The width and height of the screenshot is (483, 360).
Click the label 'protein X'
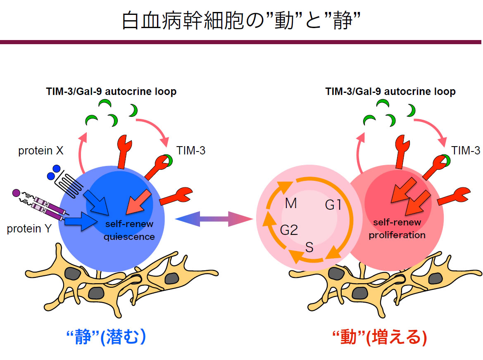click(40, 151)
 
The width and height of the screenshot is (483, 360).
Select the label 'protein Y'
click(29, 228)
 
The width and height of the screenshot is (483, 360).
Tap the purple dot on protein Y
click(16, 192)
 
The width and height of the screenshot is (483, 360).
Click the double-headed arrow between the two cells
click(214, 218)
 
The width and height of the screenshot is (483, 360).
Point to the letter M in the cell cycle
click(291, 204)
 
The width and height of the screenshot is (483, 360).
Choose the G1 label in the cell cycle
click(333, 205)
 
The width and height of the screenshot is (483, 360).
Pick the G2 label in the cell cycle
click(289, 230)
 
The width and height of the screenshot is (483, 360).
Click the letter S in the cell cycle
click(309, 247)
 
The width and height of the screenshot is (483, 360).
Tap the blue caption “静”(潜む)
click(106, 337)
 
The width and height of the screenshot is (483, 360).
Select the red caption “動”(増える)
click(379, 338)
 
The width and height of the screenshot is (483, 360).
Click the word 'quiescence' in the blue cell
click(129, 237)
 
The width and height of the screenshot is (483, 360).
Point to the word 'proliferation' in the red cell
click(397, 235)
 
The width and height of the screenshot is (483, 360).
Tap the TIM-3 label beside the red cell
click(466, 151)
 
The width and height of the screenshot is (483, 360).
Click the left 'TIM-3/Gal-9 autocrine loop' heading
click(111, 92)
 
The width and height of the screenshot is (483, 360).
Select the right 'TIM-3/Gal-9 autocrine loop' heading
click(390, 92)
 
